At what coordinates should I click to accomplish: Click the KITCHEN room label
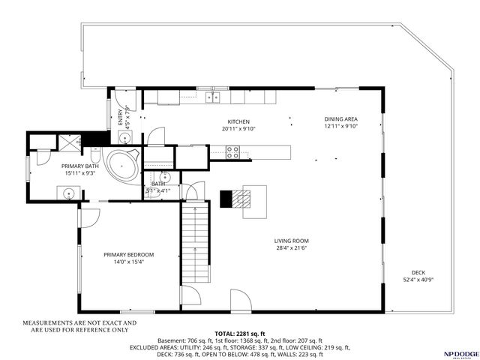click(x=238, y=121)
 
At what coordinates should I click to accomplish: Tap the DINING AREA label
click(x=340, y=119)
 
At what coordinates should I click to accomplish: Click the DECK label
click(x=418, y=272)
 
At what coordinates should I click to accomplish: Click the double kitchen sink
click(x=212, y=97)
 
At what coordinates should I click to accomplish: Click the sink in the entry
click(x=124, y=137)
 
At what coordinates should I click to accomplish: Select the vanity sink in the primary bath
click(x=68, y=193)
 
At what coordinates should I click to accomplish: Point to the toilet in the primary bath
click(x=43, y=154)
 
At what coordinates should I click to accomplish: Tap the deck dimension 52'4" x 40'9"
click(x=418, y=280)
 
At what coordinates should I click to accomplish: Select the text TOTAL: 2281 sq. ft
click(x=238, y=333)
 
